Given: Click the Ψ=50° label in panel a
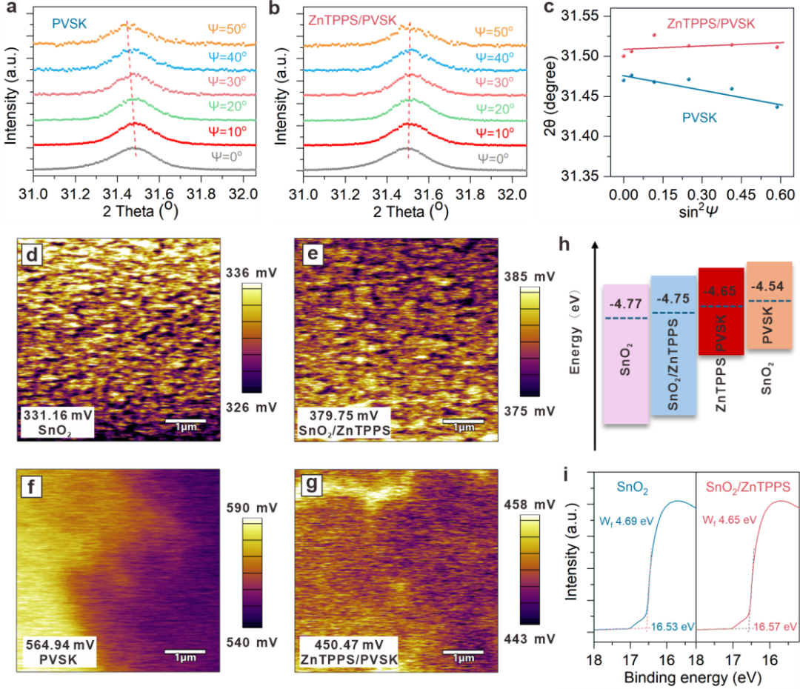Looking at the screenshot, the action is click(x=227, y=29).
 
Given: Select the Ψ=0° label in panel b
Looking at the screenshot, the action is click(x=493, y=159).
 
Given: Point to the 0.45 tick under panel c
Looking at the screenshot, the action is click(x=740, y=194).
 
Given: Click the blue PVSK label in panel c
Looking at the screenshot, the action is click(x=699, y=118).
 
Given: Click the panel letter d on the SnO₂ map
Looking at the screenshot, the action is click(x=32, y=254).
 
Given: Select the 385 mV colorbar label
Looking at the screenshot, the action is click(x=530, y=276).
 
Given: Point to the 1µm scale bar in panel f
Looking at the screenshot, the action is click(x=185, y=651).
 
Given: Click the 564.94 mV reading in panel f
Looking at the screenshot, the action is click(x=60, y=645).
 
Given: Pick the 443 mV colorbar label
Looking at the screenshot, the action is click(x=530, y=639).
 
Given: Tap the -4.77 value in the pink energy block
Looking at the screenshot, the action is click(x=625, y=304).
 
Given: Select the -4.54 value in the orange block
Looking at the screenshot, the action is click(x=767, y=286).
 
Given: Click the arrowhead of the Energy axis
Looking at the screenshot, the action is click(x=595, y=245).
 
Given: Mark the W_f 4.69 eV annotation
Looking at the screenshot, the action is click(x=627, y=521).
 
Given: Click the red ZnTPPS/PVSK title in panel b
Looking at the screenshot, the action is click(x=352, y=21).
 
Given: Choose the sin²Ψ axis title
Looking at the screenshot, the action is click(x=698, y=211).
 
